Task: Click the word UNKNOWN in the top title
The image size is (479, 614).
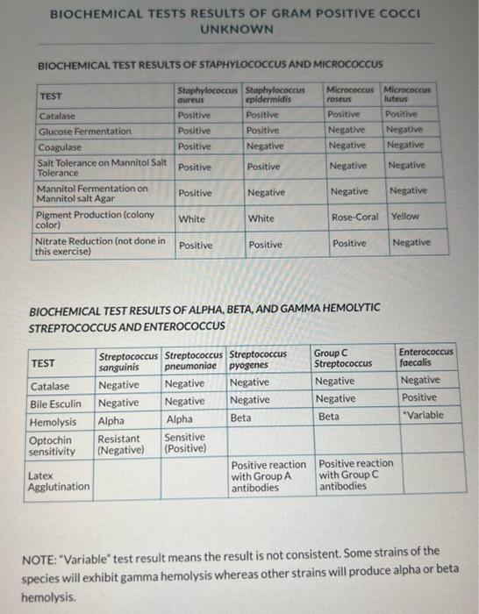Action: pos(236,29)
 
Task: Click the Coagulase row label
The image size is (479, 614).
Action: pos(59,146)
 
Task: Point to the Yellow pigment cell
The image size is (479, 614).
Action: pos(405,216)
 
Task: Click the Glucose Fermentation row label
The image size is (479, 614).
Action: pos(85,131)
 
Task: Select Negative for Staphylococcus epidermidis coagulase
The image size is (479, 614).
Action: pos(266,146)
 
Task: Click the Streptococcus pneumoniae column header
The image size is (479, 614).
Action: pos(195,361)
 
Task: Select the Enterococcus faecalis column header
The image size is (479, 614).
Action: pos(425,357)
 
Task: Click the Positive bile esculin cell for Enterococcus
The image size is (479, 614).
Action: pos(418,398)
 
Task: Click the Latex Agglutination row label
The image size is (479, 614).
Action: pos(59,481)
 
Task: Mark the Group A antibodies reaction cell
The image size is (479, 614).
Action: pos(268,475)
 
